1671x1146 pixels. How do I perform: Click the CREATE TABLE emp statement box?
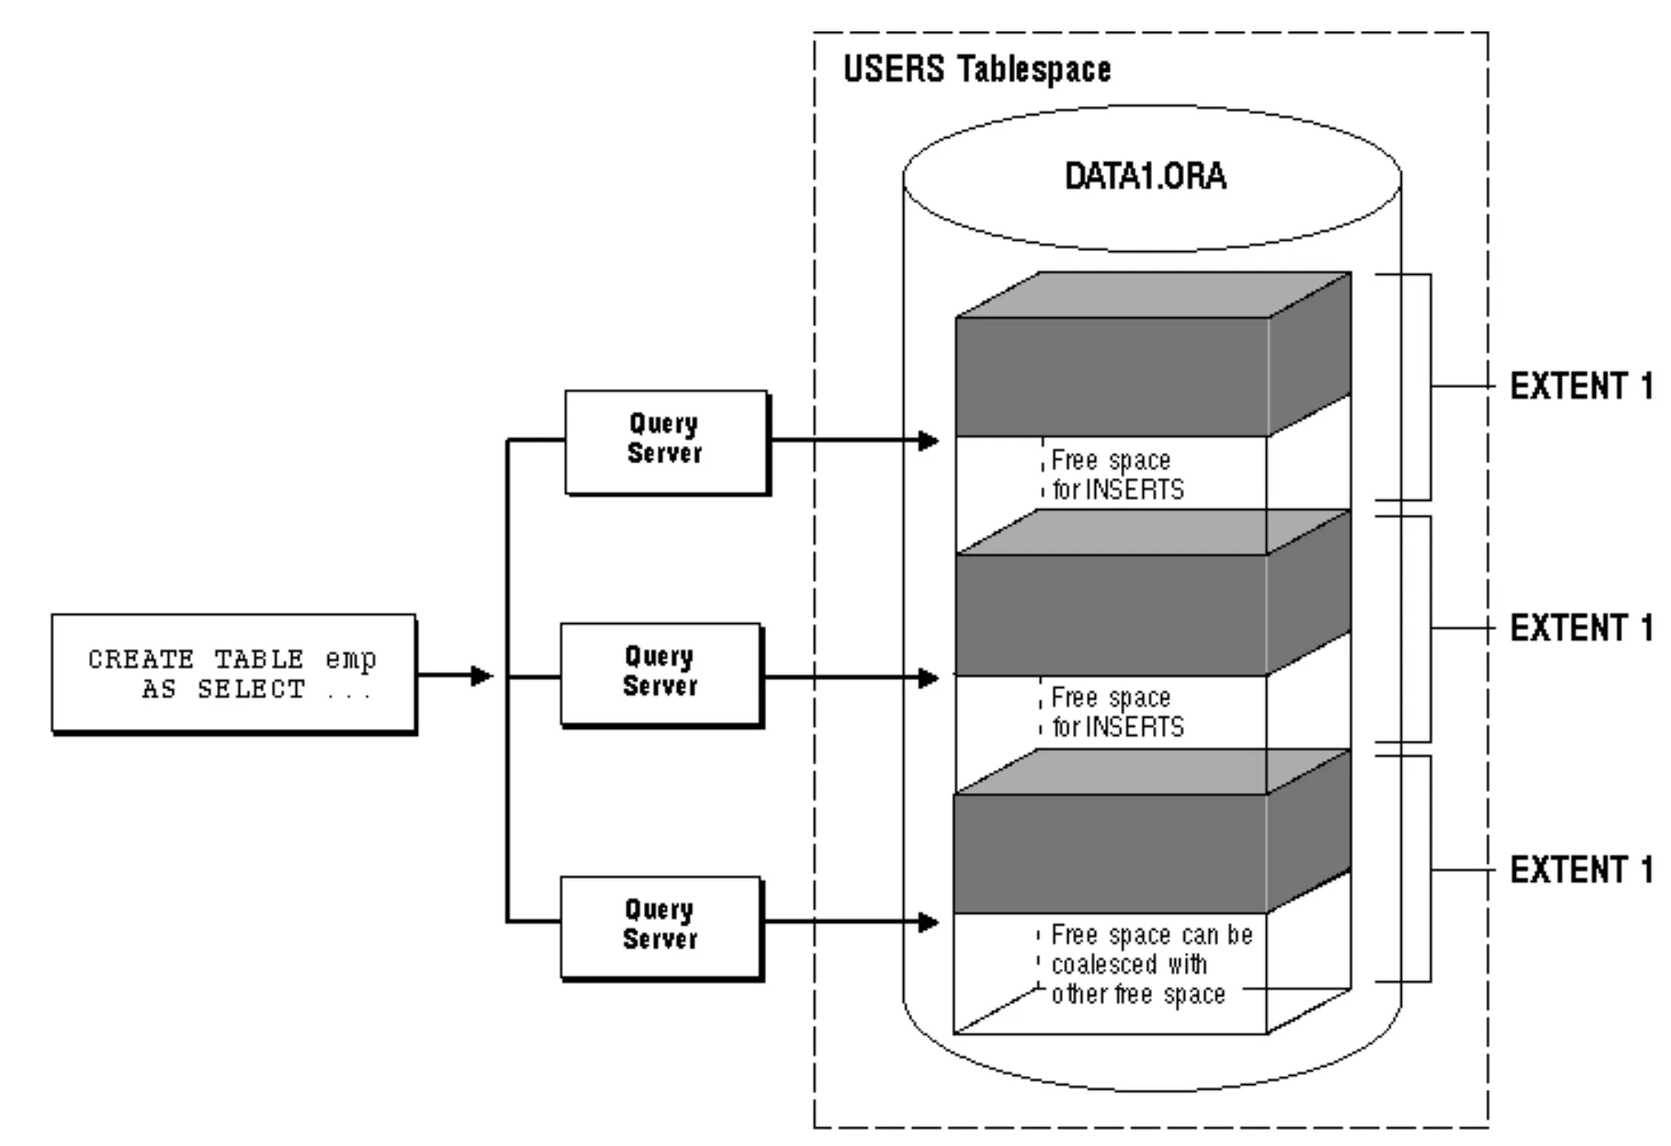click(x=233, y=674)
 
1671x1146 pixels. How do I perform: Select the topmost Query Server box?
click(x=666, y=441)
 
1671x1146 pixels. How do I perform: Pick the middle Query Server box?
click(x=661, y=674)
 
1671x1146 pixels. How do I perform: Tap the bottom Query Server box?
click(x=661, y=927)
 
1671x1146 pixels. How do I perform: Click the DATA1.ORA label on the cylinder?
click(x=1145, y=177)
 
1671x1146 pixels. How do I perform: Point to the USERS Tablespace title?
click(x=977, y=69)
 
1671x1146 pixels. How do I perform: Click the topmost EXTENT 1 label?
click(x=1580, y=387)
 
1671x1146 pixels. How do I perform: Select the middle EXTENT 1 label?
click(x=1580, y=629)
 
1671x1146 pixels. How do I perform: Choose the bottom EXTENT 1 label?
click(x=1580, y=870)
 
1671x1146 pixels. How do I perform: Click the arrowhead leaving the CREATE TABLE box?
click(x=482, y=675)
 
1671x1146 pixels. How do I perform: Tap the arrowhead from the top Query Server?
click(x=929, y=441)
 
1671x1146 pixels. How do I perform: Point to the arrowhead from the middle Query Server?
click(x=929, y=678)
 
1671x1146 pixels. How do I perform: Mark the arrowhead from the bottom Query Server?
click(x=929, y=923)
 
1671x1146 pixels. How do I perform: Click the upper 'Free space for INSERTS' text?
click(x=1116, y=475)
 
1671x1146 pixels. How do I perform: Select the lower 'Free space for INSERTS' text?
click(x=1116, y=712)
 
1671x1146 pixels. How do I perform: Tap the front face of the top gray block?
click(x=1111, y=377)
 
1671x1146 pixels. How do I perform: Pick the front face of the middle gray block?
click(x=1111, y=615)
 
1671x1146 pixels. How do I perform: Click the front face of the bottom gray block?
click(x=1110, y=853)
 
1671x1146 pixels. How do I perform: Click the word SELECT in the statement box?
click(x=250, y=690)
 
